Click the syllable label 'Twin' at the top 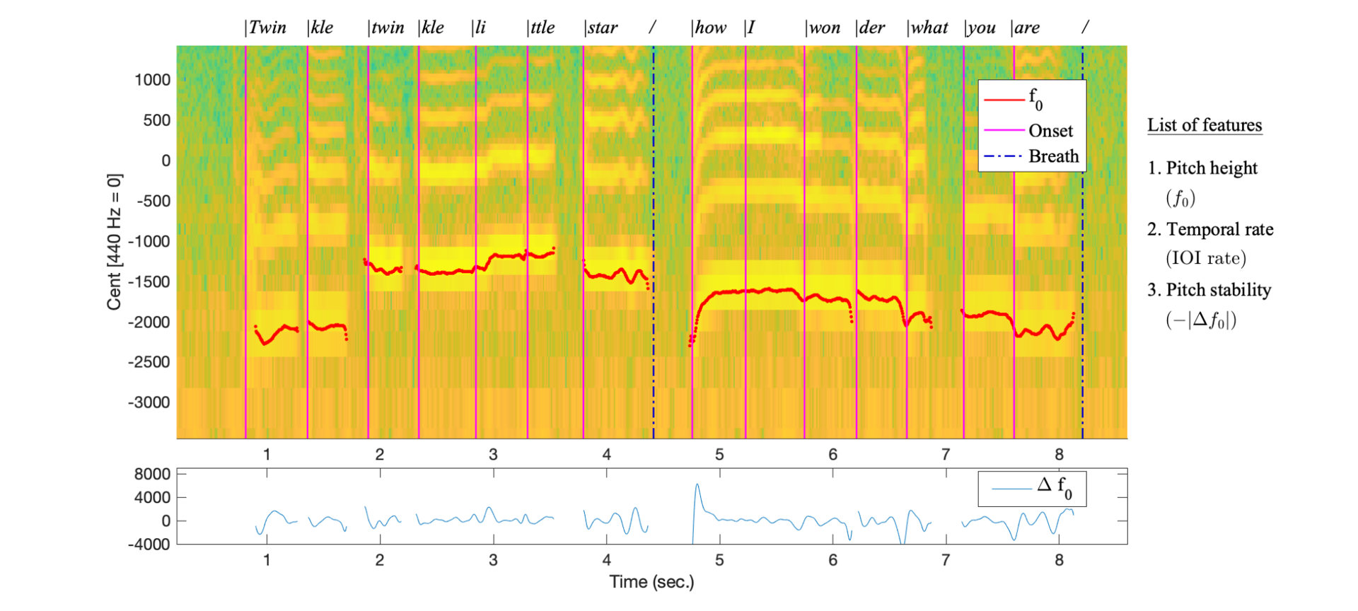(267, 28)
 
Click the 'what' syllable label (929, 28)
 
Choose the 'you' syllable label (981, 28)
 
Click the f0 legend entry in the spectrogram (1035, 99)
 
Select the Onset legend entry (1050, 131)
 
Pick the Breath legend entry (1053, 156)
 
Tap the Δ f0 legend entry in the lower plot (1054, 487)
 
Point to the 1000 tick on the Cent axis (153, 80)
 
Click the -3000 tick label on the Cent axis (149, 402)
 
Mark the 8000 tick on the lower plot (152, 475)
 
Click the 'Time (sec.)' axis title (651, 582)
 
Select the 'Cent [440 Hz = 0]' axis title (114, 241)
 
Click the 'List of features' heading (1205, 125)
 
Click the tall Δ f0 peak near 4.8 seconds (697, 485)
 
